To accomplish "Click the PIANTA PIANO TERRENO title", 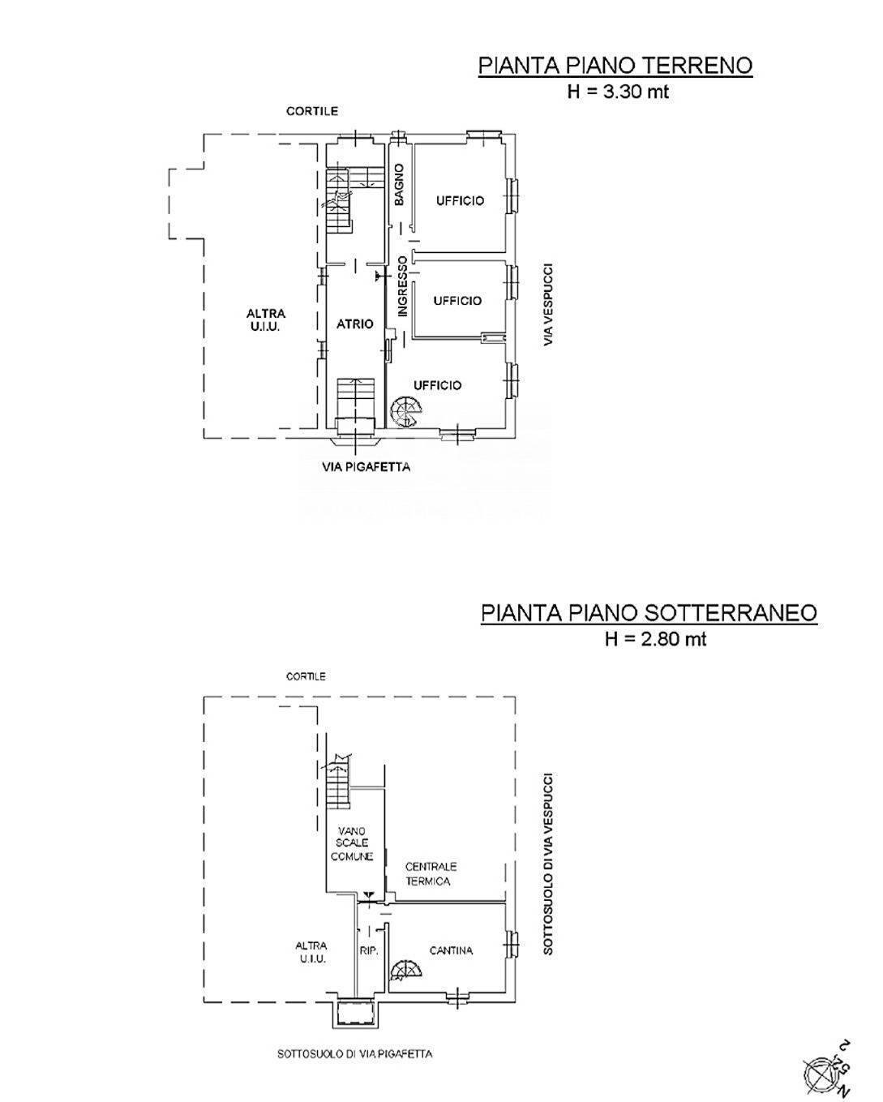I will click(x=615, y=65).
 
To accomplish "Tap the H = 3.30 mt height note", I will click(x=618, y=92).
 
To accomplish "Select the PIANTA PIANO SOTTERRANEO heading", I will click(x=649, y=612).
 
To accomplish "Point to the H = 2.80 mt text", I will click(x=655, y=639).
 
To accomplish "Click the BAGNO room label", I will click(x=399, y=185).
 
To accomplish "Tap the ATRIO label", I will click(x=355, y=324).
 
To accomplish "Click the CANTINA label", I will click(x=452, y=950).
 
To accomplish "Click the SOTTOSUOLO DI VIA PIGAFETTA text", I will click(x=355, y=1054).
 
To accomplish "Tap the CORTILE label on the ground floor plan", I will click(x=312, y=111).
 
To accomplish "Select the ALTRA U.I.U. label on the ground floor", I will click(x=266, y=320).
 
